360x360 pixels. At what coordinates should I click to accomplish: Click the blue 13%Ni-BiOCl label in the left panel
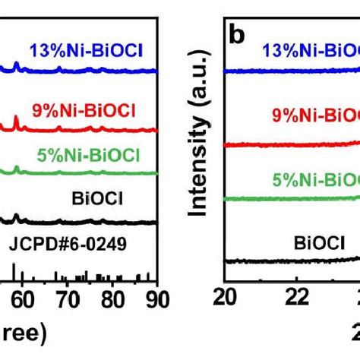click(87, 52)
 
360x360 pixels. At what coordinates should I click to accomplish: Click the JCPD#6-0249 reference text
click(78, 245)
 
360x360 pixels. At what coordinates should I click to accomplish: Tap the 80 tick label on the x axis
click(112, 298)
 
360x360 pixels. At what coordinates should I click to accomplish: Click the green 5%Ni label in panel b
click(316, 179)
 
